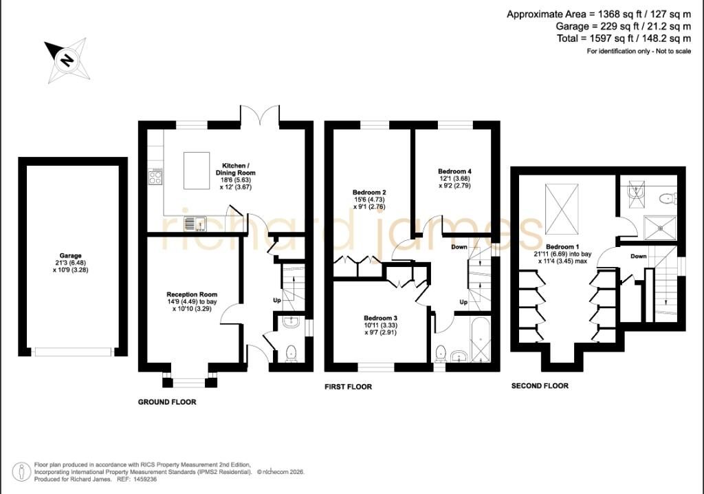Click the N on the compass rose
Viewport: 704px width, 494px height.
[x=67, y=59]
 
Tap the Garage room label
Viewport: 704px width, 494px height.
[x=71, y=255]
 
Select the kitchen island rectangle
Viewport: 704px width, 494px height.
[x=197, y=171]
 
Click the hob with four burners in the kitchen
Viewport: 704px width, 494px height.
[x=155, y=177]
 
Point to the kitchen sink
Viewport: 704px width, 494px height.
[x=195, y=224]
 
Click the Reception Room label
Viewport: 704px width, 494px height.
[x=192, y=294]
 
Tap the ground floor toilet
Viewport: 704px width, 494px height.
[x=291, y=354]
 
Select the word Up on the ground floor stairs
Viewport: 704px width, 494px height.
[x=277, y=300]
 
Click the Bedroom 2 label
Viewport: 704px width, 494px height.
[x=369, y=193]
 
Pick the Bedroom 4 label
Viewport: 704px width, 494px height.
[x=455, y=171]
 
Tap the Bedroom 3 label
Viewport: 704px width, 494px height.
[x=380, y=318]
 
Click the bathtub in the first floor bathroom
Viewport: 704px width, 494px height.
[x=481, y=340]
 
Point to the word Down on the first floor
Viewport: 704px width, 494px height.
[x=459, y=247]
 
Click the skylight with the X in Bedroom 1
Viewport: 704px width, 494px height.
[x=561, y=209]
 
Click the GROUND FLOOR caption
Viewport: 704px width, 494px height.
[x=167, y=402]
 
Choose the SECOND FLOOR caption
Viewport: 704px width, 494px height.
[x=540, y=386]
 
